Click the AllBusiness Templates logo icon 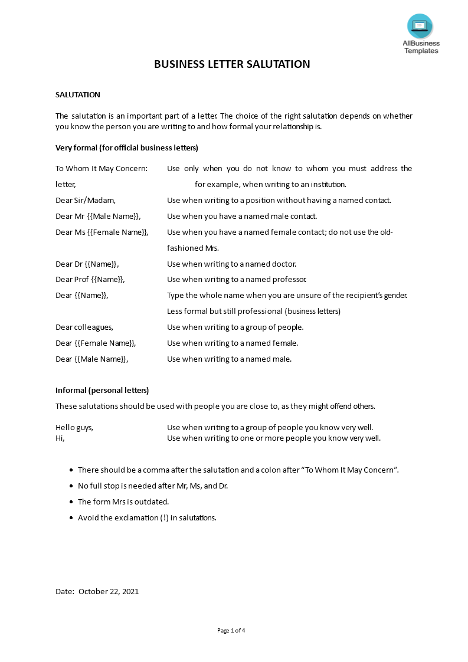[x=420, y=27]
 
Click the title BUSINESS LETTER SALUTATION [x=232, y=64]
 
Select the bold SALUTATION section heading [x=78, y=94]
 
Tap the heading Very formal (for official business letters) [x=127, y=148]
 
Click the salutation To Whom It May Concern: [x=102, y=169]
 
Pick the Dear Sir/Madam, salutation [x=86, y=201]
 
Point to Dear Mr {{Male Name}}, [x=98, y=217]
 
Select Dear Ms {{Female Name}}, [x=102, y=232]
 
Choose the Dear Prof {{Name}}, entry [x=90, y=280]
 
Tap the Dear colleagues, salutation [x=84, y=327]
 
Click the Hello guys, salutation [x=74, y=428]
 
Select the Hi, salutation [x=60, y=438]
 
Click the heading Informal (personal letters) [x=102, y=391]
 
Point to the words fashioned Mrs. [x=193, y=248]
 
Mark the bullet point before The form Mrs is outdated [x=71, y=502]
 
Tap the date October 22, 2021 [x=109, y=591]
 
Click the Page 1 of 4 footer [x=231, y=631]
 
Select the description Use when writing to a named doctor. [x=231, y=264]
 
